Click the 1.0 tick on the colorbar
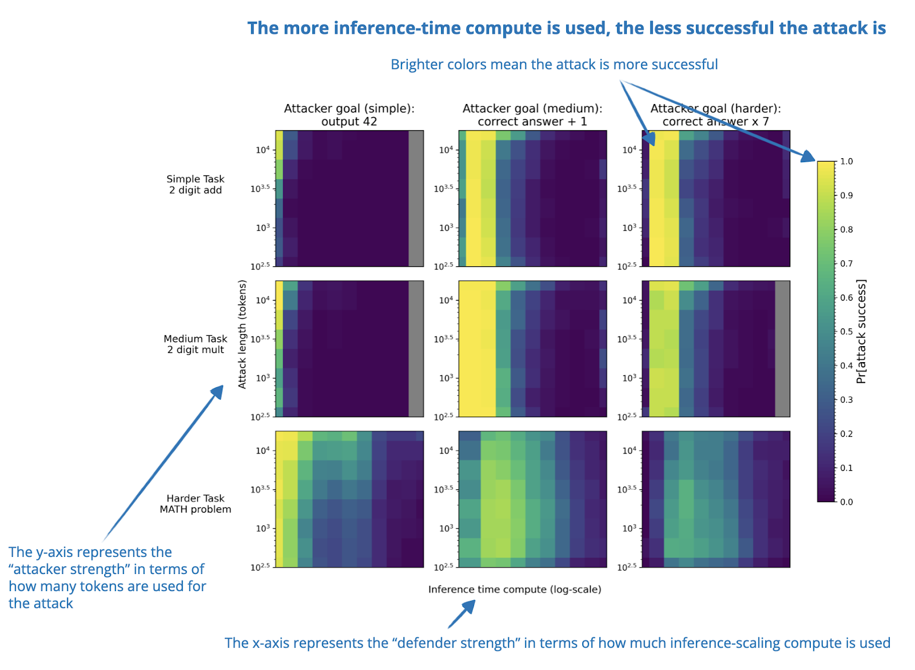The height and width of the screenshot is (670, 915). click(846, 162)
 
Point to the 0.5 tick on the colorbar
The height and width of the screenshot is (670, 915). click(846, 331)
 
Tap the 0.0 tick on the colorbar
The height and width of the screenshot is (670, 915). click(846, 502)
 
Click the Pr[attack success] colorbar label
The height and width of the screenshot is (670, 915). click(861, 331)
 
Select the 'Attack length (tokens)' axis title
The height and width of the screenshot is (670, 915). click(242, 334)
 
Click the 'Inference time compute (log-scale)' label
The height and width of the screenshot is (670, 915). click(515, 589)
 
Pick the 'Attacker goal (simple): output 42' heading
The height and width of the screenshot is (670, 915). click(349, 115)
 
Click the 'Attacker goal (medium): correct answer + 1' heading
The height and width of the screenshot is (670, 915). click(532, 115)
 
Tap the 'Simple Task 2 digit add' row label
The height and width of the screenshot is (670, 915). click(196, 184)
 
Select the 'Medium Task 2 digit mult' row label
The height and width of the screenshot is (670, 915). click(196, 344)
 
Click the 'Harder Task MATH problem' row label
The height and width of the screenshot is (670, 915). click(196, 504)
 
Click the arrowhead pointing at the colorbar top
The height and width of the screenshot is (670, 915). click(808, 157)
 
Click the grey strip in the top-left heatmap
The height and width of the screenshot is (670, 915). click(416, 198)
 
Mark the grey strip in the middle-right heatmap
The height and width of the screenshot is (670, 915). click(782, 348)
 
